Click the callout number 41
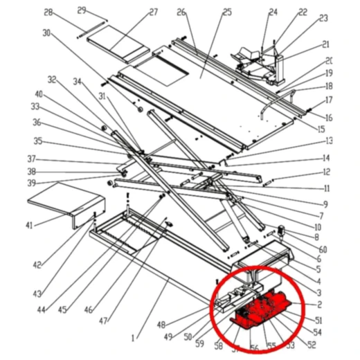(29, 226)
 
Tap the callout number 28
(48, 12)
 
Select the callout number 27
(153, 12)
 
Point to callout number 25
(208, 12)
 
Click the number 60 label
(323, 249)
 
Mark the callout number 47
(105, 321)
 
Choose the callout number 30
(46, 33)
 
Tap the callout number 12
(326, 172)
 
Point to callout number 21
(325, 44)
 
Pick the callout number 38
(31, 171)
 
